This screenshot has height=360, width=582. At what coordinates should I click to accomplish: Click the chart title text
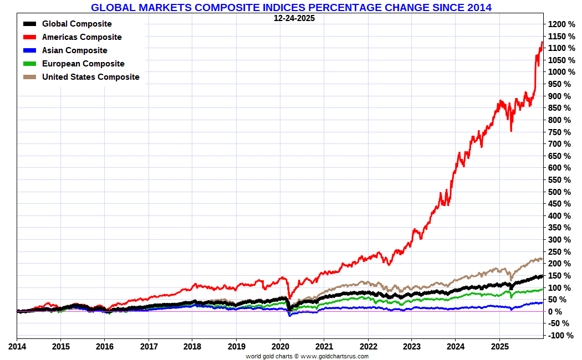point(291,7)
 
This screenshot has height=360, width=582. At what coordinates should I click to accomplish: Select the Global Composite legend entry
point(76,24)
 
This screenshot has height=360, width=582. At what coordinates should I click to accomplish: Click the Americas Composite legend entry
point(81,37)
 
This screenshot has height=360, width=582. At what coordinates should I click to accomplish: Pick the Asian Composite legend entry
point(74,50)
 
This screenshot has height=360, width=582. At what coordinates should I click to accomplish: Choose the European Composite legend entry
point(83,64)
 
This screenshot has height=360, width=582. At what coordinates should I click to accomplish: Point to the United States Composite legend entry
point(90,77)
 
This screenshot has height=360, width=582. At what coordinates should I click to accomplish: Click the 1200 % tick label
point(562,24)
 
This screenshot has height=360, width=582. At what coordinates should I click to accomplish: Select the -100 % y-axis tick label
point(560,336)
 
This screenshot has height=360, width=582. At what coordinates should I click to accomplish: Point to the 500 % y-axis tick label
point(560,192)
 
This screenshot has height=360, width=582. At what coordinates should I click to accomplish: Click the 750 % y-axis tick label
point(560,132)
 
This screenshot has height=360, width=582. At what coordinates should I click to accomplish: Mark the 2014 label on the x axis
point(17,347)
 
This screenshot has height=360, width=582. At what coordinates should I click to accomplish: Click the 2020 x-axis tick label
point(280,347)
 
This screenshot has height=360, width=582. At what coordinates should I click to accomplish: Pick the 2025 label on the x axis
point(499,347)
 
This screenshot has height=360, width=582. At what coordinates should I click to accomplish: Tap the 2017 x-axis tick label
point(148,347)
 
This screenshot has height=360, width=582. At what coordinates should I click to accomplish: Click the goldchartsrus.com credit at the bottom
point(307,356)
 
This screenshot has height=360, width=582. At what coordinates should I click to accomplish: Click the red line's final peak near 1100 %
point(542,42)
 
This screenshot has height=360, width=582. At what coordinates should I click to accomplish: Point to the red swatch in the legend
point(30,37)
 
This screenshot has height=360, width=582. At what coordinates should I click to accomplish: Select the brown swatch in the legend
point(30,77)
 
